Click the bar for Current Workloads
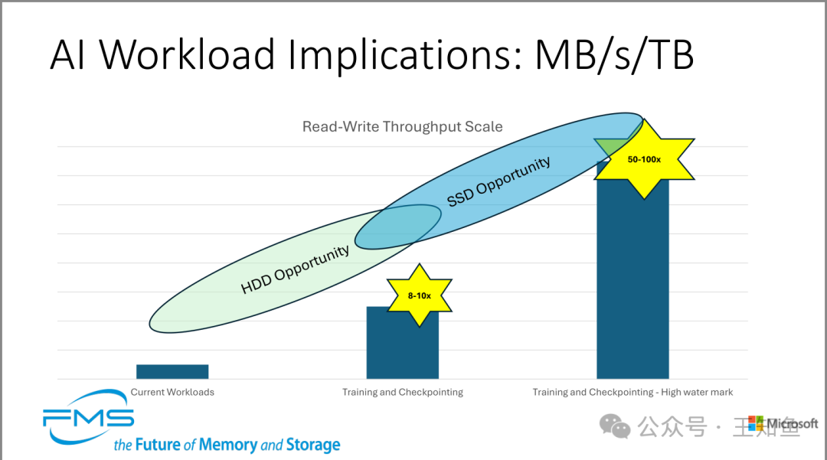coord(172,371)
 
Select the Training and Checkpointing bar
coord(402,348)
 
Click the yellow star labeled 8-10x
coord(419,295)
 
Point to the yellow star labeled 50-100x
coord(644,159)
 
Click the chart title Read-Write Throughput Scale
coord(402,126)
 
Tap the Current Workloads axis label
coord(172,392)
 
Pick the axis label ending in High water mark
coord(633,392)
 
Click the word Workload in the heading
coord(188,55)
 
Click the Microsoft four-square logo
coord(756,423)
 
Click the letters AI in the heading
coord(67,55)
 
